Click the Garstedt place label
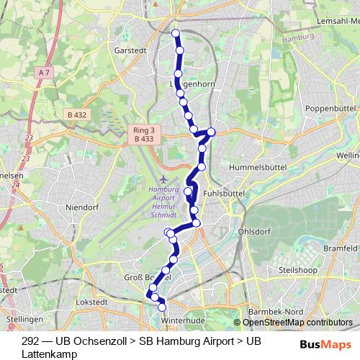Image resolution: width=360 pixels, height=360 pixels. [129, 50]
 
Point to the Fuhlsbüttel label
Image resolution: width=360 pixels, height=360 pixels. [224, 194]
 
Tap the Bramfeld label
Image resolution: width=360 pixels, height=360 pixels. [340, 248]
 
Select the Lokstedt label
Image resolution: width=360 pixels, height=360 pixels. [90, 303]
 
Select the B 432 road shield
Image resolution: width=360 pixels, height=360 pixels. [73, 114]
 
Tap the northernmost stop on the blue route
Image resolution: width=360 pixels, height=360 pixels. [176, 33]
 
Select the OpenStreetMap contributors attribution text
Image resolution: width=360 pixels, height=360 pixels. [297, 323]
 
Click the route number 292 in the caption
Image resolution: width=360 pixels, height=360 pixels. [31, 340]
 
